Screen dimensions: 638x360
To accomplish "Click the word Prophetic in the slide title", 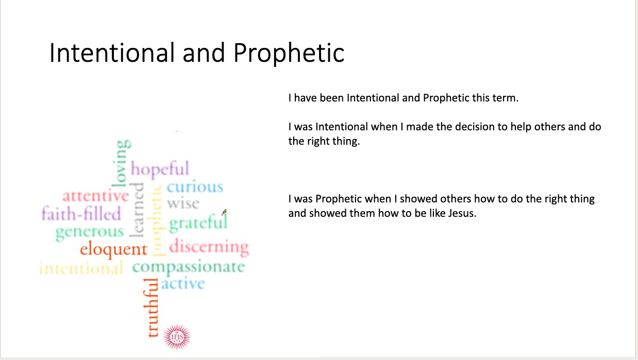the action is coord(289,54).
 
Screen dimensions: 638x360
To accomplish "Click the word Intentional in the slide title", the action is coord(112,53).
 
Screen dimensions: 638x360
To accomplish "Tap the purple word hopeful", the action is coord(160,169).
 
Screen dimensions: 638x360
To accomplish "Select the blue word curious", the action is coord(195,187).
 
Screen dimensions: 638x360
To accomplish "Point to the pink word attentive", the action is coord(96,196).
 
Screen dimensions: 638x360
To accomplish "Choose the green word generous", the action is coord(90,232).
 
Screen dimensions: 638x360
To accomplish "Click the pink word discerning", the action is coord(209,247).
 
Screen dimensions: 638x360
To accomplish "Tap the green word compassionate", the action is coord(189,267).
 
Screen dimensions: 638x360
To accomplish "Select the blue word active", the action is coord(183,283).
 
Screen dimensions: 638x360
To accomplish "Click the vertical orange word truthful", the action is coord(152,308).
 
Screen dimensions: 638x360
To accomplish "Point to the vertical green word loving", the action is coord(121,163).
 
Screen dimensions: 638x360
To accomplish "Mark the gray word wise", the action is coord(183,203).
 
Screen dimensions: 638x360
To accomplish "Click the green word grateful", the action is coord(198,223).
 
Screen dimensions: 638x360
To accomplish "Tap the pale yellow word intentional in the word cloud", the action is coord(81,268).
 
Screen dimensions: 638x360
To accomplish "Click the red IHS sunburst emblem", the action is coord(177,337).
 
